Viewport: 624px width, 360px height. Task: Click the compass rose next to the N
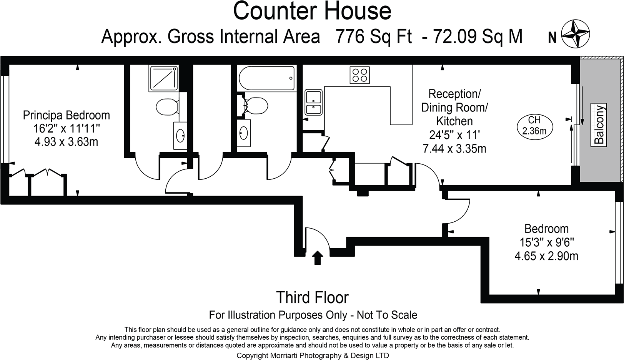tap(576, 34)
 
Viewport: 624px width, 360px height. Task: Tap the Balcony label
tap(599, 125)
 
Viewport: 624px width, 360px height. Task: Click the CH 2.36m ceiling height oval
tap(534, 126)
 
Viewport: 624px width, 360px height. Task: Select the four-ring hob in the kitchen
tap(359, 75)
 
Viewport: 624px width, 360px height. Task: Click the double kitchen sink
tap(313, 102)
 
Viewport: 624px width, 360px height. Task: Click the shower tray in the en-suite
tap(164, 78)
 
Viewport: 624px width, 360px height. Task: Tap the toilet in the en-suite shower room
tap(167, 105)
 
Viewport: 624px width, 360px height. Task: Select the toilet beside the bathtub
tap(256, 105)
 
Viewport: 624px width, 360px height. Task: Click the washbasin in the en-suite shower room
tap(180, 135)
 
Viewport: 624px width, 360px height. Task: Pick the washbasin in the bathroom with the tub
tap(243, 133)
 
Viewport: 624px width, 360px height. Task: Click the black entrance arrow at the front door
tap(317, 258)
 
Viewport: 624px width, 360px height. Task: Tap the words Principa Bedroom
tap(66, 115)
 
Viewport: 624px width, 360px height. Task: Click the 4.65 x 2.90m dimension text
tap(546, 256)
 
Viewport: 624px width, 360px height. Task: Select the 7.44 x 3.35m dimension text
tap(454, 148)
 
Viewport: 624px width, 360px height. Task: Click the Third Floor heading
tap(312, 297)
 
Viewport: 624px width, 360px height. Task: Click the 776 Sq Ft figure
tap(373, 37)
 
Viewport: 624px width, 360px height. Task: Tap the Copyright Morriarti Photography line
tap(312, 355)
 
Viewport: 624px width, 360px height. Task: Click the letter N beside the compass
tap(552, 37)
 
